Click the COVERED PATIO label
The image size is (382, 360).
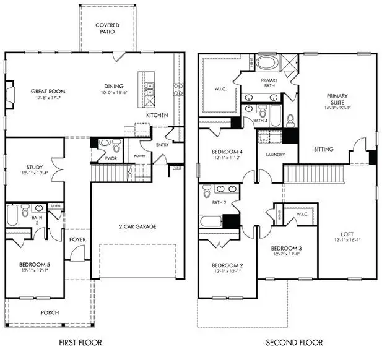tap(106, 29)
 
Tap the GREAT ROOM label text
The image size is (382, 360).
tap(48, 92)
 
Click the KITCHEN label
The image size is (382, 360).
tap(156, 116)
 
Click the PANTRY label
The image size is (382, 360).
tap(140, 156)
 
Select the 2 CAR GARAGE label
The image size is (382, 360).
tap(137, 226)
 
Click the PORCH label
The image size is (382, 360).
tap(50, 313)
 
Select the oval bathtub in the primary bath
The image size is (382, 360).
tap(268, 64)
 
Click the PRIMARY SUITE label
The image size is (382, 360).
tap(337, 100)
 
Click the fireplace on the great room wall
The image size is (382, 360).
tap(9, 93)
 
